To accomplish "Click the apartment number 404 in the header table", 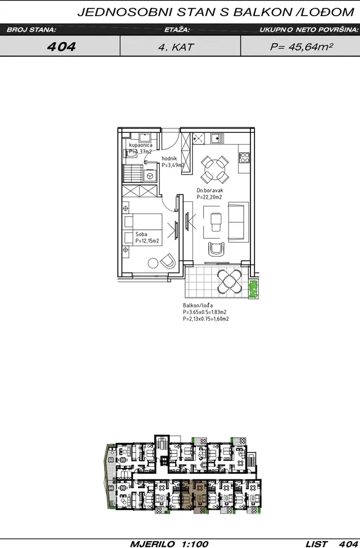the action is [x=61, y=47].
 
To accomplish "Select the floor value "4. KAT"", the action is [x=176, y=47].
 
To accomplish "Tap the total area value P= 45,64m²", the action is [x=301, y=47].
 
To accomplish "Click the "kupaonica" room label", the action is [x=141, y=145].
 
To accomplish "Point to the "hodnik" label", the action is [x=169, y=159].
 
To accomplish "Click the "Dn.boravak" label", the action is [x=210, y=190].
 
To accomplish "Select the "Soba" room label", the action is [x=141, y=234].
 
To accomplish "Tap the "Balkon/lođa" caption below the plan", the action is [x=198, y=305].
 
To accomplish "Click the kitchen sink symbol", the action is [x=217, y=139].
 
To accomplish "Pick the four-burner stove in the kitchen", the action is [x=244, y=158].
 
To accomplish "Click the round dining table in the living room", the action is [x=215, y=169].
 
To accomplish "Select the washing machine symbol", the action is [x=150, y=176].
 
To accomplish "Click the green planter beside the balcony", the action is [x=254, y=289].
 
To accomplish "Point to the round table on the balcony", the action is [x=230, y=282].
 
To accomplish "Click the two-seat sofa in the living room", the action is [x=236, y=222].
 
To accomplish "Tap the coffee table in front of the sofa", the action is [x=215, y=222].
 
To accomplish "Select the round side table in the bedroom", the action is [x=153, y=263].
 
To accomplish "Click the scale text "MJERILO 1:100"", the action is [x=169, y=544].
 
